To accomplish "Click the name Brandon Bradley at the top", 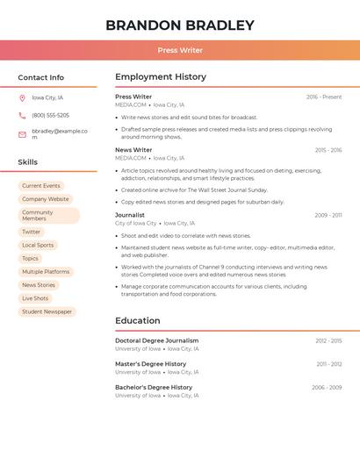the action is pos(180,25).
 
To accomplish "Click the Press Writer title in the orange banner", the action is pos(180,51).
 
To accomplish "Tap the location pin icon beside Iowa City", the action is pos(22,98).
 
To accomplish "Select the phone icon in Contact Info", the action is pos(22,115).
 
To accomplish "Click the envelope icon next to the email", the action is pos(22,134).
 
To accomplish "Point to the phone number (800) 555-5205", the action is pos(50,115).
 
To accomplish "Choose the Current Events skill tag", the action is pos(41,186).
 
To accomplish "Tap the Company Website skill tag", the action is pos(46,199).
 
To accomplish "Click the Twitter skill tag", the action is pos(32,232).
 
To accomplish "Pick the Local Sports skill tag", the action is pos(38,246).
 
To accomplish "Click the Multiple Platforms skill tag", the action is pos(46,272).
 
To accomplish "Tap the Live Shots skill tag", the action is pos(35,298).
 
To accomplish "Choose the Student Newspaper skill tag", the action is pos(47,311).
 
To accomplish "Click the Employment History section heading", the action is pos(161,77).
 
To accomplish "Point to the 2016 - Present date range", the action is pos(324,97).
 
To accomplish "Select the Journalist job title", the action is pos(130,215).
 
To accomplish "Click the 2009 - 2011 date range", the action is pos(328,215).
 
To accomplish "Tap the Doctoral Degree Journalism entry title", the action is pos(157,340).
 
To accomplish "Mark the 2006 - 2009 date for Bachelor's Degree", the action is pos(327,388).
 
